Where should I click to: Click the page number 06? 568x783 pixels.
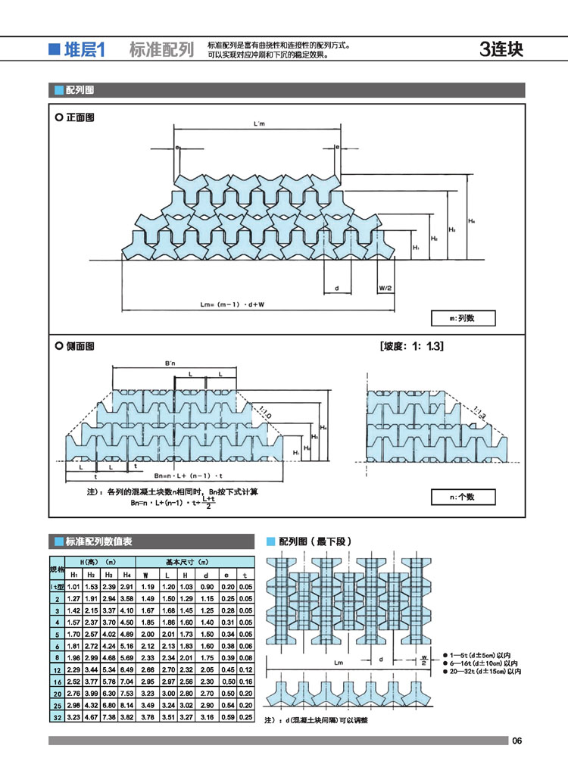[x=517, y=741]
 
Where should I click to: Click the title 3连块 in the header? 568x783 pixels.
[x=501, y=50]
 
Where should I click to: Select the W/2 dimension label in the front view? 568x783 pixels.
[x=384, y=289]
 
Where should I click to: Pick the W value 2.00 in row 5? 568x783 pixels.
[x=148, y=633]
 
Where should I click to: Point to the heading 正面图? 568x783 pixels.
[x=80, y=118]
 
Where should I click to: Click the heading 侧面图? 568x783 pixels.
[x=80, y=346]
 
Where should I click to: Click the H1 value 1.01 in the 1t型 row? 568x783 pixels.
[x=74, y=587]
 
